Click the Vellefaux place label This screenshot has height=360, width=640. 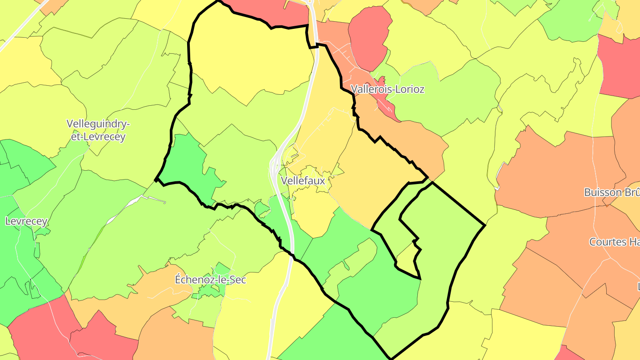(x=303, y=181)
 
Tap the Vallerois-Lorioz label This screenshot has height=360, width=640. (x=388, y=89)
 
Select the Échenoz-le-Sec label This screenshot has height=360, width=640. (x=210, y=280)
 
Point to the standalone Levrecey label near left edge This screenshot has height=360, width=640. (x=26, y=221)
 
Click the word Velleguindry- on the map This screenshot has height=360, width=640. (x=98, y=124)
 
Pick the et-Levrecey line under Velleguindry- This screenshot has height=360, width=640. (x=98, y=136)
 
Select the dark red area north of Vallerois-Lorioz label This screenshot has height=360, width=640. (x=369, y=36)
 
